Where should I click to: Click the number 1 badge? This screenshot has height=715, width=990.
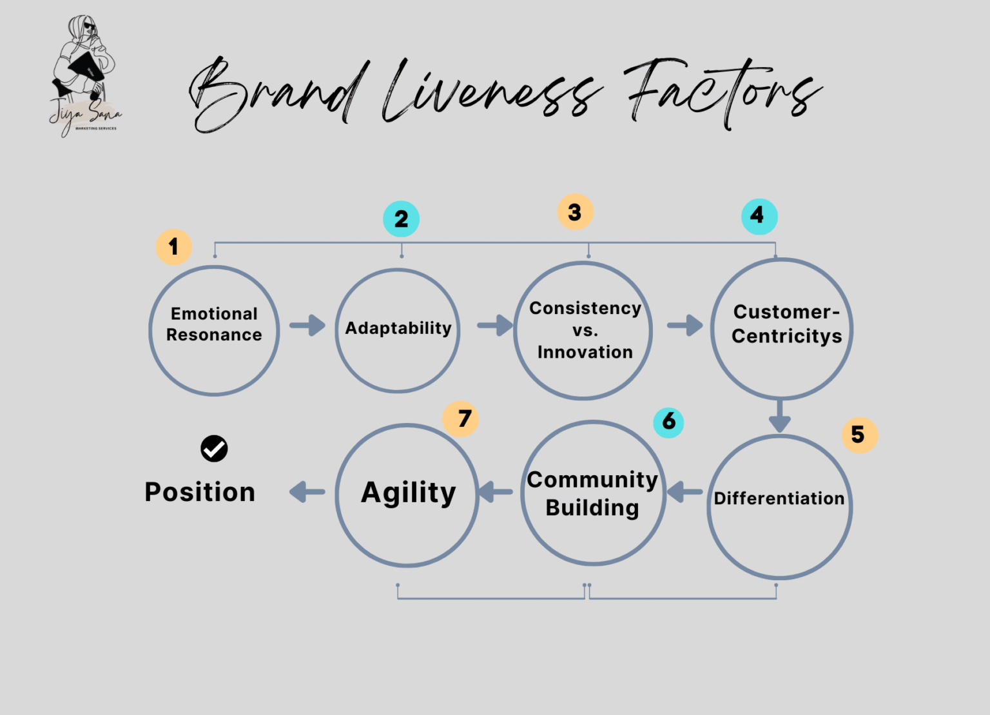click(173, 247)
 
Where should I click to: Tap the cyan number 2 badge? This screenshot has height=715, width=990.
click(401, 219)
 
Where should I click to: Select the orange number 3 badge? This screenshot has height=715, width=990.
click(575, 212)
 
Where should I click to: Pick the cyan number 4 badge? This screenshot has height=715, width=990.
click(759, 216)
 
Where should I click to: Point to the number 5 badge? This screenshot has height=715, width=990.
click(859, 435)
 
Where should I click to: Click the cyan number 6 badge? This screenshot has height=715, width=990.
click(668, 422)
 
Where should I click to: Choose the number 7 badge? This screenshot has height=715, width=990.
click(461, 419)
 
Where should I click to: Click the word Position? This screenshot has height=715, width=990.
click(200, 493)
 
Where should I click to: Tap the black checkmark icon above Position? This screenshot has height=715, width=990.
click(214, 449)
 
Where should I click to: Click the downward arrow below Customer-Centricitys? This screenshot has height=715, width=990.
click(780, 416)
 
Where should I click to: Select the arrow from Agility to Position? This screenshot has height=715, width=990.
click(307, 493)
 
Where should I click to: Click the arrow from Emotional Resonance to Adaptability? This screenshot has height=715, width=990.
click(307, 326)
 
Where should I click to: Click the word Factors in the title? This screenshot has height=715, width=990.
click(722, 93)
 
